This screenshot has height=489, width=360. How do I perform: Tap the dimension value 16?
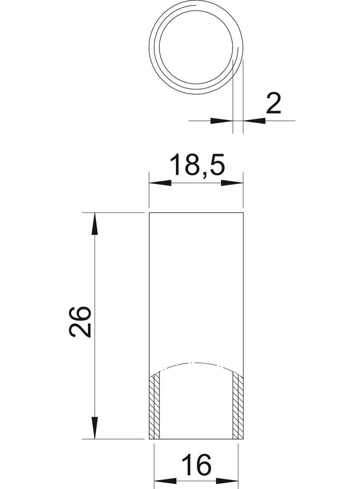(x=197, y=464)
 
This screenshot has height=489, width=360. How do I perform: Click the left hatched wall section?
(x=155, y=406)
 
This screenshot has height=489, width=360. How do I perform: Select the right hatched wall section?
(x=238, y=406)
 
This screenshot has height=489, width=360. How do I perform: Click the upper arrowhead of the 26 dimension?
(x=95, y=224)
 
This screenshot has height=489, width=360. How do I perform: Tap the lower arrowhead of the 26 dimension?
(x=95, y=428)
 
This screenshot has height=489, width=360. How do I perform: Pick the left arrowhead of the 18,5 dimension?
(x=160, y=183)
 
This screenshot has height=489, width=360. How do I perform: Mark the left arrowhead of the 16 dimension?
(x=163, y=481)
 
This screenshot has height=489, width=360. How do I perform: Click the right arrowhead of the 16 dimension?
(x=229, y=481)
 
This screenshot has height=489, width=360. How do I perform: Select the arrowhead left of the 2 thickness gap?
(x=222, y=121)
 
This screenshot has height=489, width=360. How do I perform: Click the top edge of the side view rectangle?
(x=197, y=213)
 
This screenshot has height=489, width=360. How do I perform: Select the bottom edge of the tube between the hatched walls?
(x=197, y=439)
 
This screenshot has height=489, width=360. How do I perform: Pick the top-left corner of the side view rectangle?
(x=150, y=213)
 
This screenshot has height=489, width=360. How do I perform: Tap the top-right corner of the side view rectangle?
(x=243, y=213)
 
